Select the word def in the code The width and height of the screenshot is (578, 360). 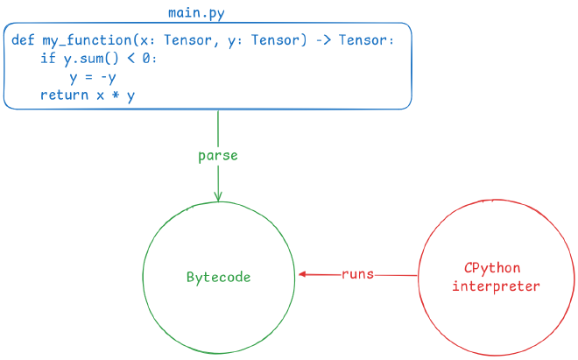coord(23,41)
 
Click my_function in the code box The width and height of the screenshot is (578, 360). coord(82,41)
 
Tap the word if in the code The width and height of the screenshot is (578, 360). coord(46,59)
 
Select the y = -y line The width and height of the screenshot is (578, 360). coord(93,77)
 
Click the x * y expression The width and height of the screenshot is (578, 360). coord(116,95)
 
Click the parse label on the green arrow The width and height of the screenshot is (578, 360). coord(218,156)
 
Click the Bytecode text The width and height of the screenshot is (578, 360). coord(218,277)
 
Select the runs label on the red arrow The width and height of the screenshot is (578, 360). coord(357,274)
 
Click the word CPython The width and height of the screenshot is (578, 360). coord(496,268)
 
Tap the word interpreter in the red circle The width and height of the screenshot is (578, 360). coord(496,286)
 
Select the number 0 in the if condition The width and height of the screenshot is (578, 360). coord(150,59)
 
